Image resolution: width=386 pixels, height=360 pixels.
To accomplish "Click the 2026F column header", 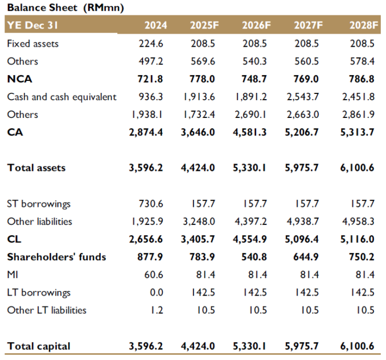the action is (256, 25).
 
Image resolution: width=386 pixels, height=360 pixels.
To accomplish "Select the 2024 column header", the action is (155, 25).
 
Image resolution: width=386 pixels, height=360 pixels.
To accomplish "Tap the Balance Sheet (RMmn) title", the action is (65, 7).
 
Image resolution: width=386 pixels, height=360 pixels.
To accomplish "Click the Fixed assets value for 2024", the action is (151, 44).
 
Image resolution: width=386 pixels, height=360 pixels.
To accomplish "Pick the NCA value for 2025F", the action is (202, 79).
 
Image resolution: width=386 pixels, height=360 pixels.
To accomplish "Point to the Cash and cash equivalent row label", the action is (62, 97).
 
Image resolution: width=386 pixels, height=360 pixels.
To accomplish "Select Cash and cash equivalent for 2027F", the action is (302, 97).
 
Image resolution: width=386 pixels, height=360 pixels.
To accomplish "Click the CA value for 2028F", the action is (357, 132).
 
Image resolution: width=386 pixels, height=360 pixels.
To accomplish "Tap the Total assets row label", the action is (36, 167).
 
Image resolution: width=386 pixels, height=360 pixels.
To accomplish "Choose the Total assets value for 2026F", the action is (249, 167).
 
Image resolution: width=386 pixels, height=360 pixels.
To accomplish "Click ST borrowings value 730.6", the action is (151, 203).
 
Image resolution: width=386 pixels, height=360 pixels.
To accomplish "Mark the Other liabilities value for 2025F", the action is (199, 222).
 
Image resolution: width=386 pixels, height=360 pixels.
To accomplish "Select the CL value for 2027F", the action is (302, 239).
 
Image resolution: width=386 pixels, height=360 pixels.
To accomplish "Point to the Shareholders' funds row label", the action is (56, 257).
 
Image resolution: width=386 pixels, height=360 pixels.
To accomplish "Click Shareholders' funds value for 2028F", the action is (362, 257).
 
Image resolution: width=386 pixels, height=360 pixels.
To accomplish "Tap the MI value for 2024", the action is (154, 275).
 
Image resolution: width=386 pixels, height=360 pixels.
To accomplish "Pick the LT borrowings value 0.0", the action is (157, 292).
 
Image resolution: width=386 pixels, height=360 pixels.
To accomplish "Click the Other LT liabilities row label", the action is (47, 310).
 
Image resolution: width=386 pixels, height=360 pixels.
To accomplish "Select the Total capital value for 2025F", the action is (198, 346).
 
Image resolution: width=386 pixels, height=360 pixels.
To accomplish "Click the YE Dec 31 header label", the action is (32, 25).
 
